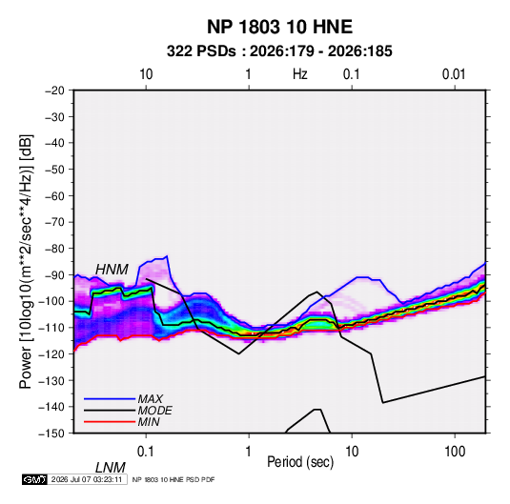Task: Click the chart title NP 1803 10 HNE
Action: (x=279, y=27)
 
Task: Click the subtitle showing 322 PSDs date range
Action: (x=279, y=51)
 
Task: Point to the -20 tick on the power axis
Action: (x=54, y=91)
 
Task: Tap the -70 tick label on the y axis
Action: (x=54, y=222)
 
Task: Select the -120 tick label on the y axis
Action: (x=52, y=353)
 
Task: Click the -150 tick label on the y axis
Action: (x=52, y=433)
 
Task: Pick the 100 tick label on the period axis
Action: (x=455, y=452)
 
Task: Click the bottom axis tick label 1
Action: (x=249, y=452)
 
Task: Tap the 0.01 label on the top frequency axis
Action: (x=454, y=74)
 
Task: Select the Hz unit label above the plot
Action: (x=300, y=74)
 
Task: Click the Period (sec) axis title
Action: (x=300, y=462)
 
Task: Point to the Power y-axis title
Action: (x=26, y=262)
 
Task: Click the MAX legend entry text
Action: (x=151, y=398)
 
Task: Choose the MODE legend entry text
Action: (x=154, y=411)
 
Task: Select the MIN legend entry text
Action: (x=149, y=422)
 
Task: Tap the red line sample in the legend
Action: (x=110, y=422)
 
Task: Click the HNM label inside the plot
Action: (x=112, y=270)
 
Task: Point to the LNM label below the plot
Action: (x=111, y=468)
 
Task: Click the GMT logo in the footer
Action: (x=34, y=479)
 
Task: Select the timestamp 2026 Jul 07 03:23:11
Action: (x=87, y=479)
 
